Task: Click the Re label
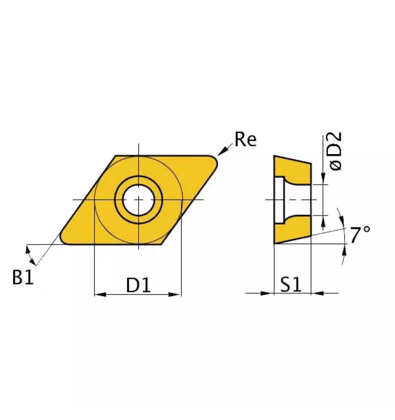point(246,139)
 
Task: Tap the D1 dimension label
point(139,284)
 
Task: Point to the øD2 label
point(335,151)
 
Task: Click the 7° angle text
point(360,235)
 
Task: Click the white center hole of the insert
point(139,200)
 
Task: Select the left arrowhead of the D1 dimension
point(99,294)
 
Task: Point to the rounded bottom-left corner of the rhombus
point(63,239)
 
